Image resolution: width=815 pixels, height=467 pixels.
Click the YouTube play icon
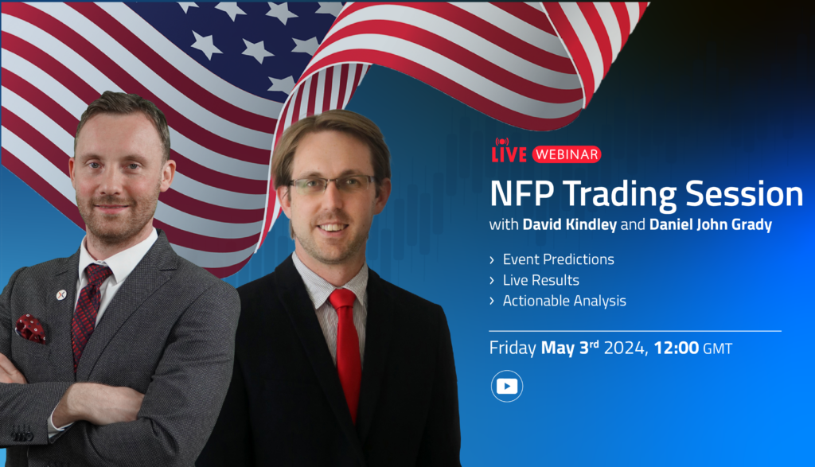(x=507, y=387)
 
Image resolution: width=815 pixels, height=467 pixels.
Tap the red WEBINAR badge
(x=567, y=154)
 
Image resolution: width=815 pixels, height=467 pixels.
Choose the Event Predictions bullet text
(x=558, y=259)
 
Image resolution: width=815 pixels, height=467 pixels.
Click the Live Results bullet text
(x=540, y=280)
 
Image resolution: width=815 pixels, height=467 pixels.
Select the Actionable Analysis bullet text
(x=564, y=301)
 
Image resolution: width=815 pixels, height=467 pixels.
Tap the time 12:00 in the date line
(x=677, y=348)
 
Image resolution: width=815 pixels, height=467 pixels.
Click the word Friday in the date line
(x=513, y=348)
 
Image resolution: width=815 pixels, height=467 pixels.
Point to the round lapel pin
(x=60, y=294)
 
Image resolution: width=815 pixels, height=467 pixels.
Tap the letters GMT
(x=718, y=348)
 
